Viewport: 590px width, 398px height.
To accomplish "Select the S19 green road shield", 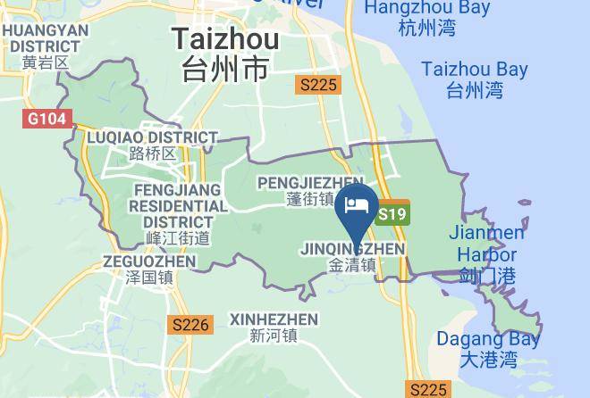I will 392,214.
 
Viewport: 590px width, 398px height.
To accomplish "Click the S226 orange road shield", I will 190,325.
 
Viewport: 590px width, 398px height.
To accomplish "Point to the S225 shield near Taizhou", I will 319,85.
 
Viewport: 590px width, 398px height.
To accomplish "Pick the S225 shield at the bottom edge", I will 427,389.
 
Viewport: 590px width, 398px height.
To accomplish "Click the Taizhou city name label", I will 224,39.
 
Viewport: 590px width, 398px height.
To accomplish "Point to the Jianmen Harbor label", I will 487,244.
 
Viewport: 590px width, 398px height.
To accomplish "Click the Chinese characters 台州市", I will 224,70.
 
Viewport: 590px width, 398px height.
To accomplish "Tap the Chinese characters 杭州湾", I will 427,28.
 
